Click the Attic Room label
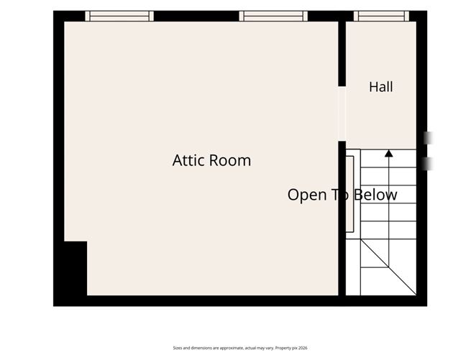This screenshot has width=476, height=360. click(211, 160)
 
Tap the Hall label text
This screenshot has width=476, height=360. click(381, 87)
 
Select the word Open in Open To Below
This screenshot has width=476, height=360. click(306, 195)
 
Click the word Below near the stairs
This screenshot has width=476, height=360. click(375, 195)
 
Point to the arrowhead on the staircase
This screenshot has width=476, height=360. click(389, 153)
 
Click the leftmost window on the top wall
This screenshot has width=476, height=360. click(119, 16)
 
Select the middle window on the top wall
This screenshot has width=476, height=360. click(273, 16)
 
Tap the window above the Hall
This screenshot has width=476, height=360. click(381, 16)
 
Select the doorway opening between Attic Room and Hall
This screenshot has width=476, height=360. click(342, 114)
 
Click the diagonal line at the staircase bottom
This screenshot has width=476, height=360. click(388, 267)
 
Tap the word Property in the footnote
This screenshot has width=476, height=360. click(283, 349)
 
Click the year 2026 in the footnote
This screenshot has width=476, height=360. click(303, 348)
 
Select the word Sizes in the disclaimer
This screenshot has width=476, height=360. click(178, 348)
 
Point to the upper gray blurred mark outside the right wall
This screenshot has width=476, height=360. click(429, 138)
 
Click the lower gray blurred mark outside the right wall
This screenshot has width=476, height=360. click(429, 164)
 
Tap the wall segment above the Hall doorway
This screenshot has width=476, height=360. click(342, 54)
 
